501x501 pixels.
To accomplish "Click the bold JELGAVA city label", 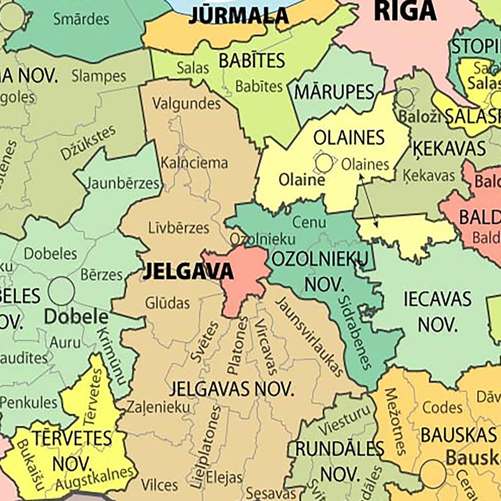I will pyautogui.click(x=188, y=272).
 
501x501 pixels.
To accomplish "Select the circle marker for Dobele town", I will pyautogui.click(x=62, y=291).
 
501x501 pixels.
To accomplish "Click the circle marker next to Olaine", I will pyautogui.click(x=324, y=162).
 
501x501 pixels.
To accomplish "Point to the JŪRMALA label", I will pyautogui.click(x=239, y=16).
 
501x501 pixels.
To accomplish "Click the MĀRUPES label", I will pyautogui.click(x=334, y=92).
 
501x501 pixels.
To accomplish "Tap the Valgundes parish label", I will pyautogui.click(x=186, y=104).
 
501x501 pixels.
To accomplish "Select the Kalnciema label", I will pyautogui.click(x=194, y=163).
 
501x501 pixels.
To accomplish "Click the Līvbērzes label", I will pyautogui.click(x=179, y=228).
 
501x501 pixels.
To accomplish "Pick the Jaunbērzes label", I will pyautogui.click(x=123, y=183).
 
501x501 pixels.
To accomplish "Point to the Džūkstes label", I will pyautogui.click(x=88, y=143).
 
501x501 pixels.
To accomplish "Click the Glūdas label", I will pyautogui.click(x=168, y=303).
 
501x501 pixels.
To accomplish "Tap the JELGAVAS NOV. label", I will pyautogui.click(x=231, y=389).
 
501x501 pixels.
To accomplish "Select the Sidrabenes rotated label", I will pyautogui.click(x=355, y=333).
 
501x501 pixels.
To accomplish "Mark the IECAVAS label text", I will pyautogui.click(x=437, y=299).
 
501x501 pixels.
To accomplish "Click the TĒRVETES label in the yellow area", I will pyautogui.click(x=73, y=438).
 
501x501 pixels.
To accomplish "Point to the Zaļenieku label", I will pyautogui.click(x=158, y=407).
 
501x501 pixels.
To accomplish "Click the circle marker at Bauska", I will pyautogui.click(x=433, y=473).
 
